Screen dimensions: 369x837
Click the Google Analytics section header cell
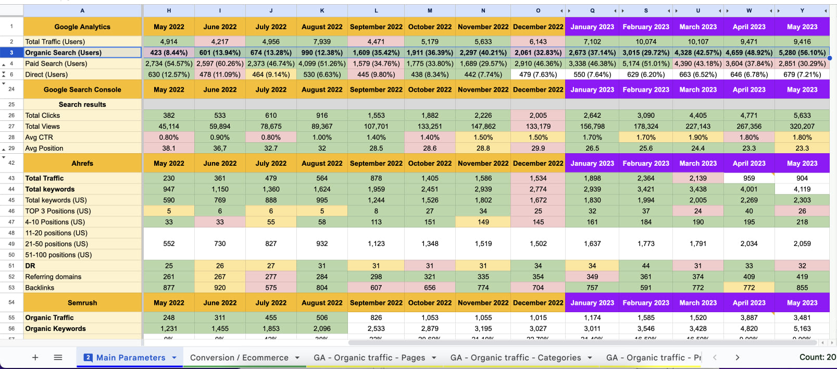click(82, 27)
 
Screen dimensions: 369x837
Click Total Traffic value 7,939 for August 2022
click(322, 42)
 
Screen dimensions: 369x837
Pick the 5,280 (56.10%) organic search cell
click(802, 53)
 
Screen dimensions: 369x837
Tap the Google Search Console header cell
click(82, 90)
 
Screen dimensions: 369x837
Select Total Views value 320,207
click(802, 126)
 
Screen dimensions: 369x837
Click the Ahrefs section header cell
click(82, 163)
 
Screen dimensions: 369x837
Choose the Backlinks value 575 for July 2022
click(271, 288)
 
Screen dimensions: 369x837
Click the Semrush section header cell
click(82, 303)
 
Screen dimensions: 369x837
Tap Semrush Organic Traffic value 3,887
click(749, 317)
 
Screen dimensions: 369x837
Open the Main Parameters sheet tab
click(130, 358)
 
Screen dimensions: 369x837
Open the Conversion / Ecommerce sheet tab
click(239, 358)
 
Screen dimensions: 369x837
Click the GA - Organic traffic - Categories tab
click(515, 358)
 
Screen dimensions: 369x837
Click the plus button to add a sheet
click(35, 358)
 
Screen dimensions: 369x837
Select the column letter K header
click(322, 10)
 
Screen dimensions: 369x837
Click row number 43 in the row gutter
click(11, 178)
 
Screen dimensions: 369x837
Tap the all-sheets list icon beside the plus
click(58, 358)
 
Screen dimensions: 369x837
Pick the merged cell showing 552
click(169, 243)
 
